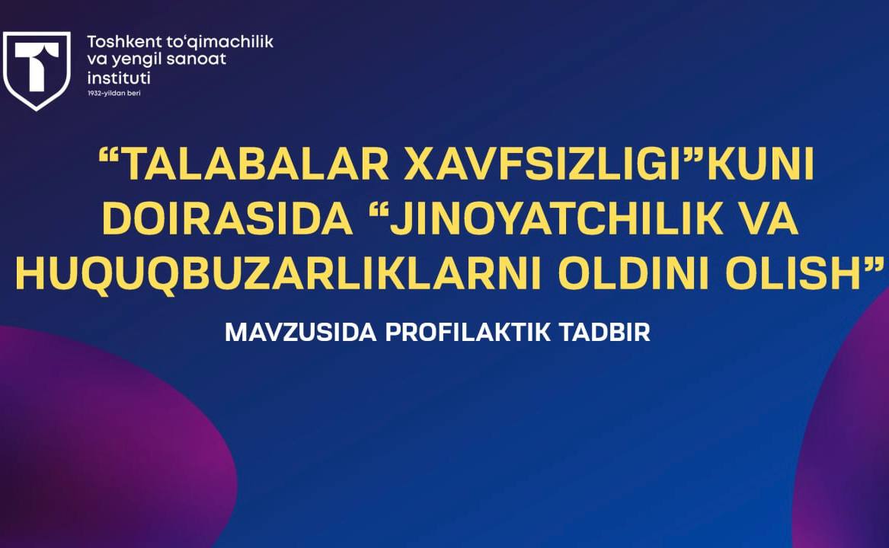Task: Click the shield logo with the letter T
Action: (37, 70)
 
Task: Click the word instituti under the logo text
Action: (119, 78)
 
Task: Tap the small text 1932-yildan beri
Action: (114, 93)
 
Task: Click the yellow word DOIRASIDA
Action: (227, 218)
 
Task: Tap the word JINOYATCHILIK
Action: (555, 218)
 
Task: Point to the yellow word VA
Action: (766, 218)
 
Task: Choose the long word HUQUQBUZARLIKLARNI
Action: (280, 274)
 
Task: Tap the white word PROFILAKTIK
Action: (468, 333)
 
